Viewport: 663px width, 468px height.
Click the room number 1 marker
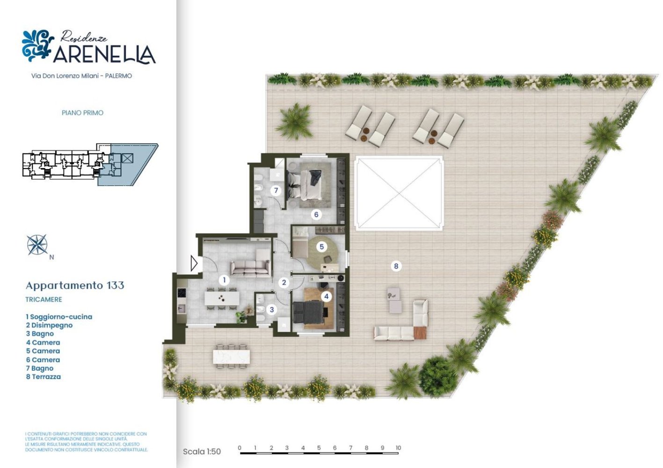coord(224,280)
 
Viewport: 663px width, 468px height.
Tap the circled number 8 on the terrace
coord(396,266)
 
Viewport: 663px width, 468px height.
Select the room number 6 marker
coord(316,214)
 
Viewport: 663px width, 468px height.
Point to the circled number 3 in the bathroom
coord(271,309)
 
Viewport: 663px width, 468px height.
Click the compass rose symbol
coord(37,245)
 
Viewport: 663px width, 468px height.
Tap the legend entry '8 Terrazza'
coord(44,377)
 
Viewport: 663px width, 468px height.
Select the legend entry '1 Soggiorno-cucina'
coord(59,317)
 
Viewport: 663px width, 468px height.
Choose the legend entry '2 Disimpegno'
coord(49,325)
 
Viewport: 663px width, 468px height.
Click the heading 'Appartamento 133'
coord(75,285)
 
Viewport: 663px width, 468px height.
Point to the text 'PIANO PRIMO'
coord(82,113)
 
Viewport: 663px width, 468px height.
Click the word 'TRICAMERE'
coord(44,300)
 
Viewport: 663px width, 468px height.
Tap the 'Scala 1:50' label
coord(202,452)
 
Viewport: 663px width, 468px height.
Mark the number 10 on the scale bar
coord(398,448)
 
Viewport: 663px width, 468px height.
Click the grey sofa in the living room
coord(250,267)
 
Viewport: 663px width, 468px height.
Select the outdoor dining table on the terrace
coord(232,356)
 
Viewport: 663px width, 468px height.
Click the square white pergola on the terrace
coord(399,193)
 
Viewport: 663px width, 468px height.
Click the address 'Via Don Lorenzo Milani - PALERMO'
coord(81,76)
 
